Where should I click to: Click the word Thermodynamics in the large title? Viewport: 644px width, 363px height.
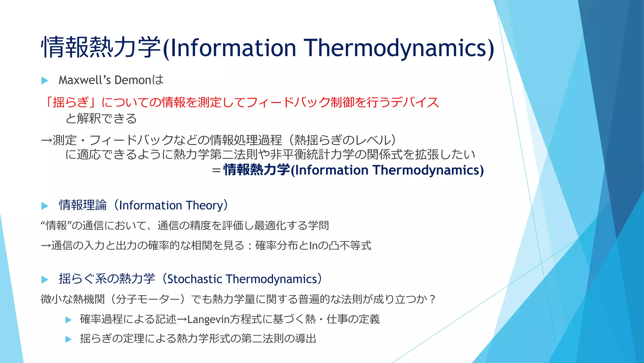coord(396,48)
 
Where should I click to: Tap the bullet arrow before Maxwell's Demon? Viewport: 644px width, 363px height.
coord(45,81)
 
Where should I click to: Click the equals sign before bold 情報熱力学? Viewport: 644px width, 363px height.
coord(216,170)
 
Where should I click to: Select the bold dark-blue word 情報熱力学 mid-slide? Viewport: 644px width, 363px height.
coord(256,170)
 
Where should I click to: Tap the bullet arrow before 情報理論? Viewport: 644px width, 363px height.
coord(45,206)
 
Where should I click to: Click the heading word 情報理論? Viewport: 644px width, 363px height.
coord(83,205)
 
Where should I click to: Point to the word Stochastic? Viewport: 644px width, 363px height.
coord(195,279)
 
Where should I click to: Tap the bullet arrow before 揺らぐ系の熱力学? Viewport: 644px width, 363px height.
coord(45,279)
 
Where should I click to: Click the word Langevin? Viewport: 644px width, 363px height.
coord(208,320)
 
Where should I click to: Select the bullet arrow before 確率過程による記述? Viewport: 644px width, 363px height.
coord(68,320)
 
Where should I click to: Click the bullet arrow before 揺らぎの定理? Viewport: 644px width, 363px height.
coord(68,339)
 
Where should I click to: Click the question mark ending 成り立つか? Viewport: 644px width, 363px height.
coord(432,299)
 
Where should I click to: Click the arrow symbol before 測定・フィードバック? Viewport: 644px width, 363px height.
coord(46,140)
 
